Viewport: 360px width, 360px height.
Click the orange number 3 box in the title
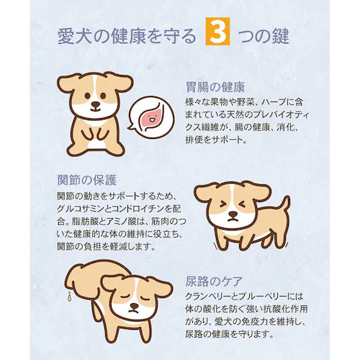tap(215, 36)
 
